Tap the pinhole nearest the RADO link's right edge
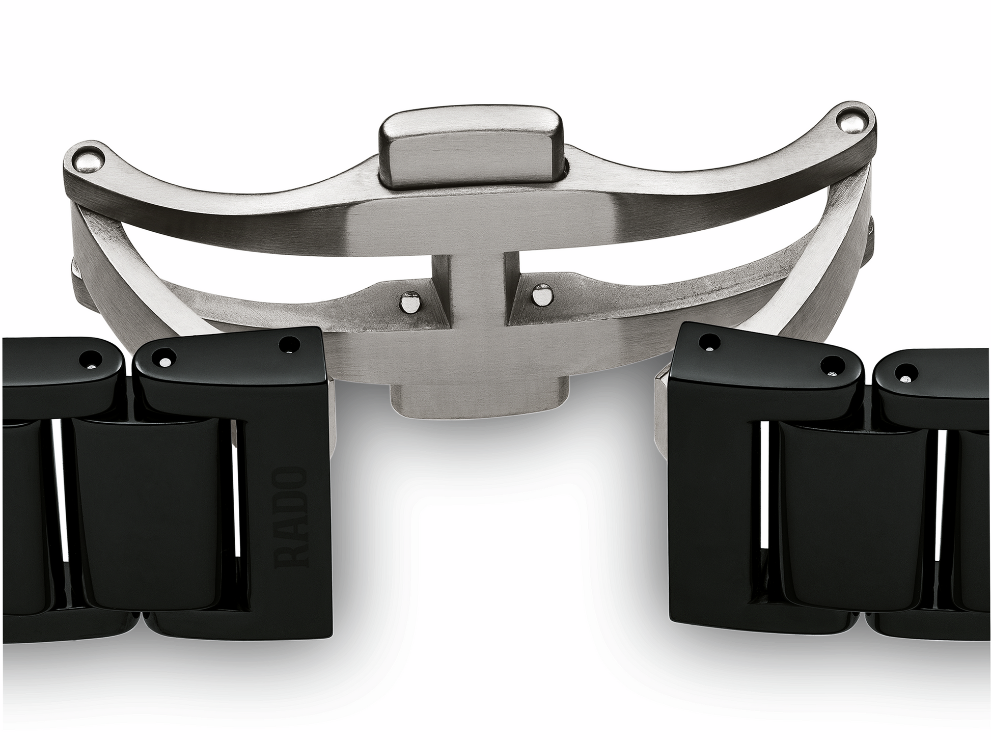290,345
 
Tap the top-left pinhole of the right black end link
707,343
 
